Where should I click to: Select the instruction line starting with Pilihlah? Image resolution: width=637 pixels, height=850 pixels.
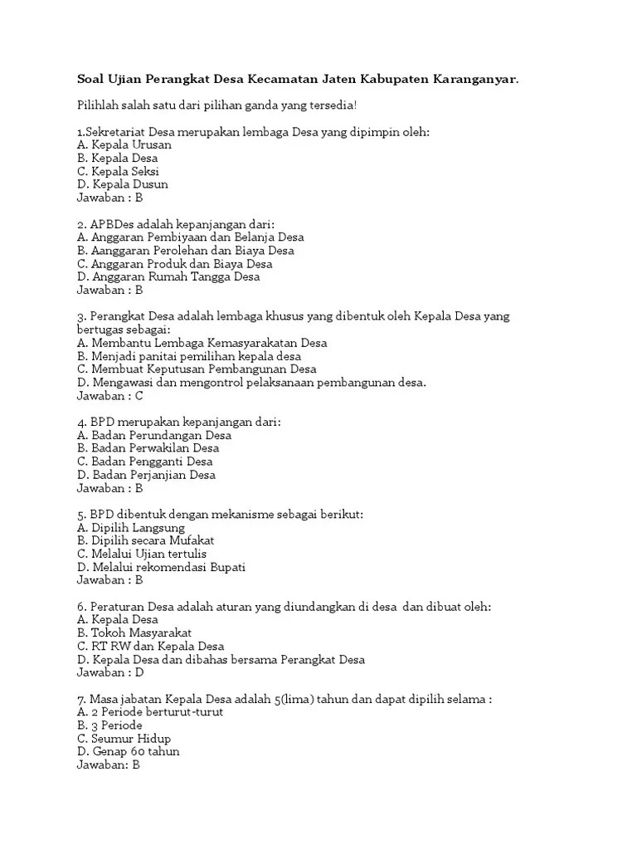pyautogui.click(x=216, y=105)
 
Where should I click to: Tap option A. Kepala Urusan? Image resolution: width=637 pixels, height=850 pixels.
pyautogui.click(x=124, y=145)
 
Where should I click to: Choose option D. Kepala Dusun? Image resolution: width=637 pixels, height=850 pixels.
pyautogui.click(x=122, y=184)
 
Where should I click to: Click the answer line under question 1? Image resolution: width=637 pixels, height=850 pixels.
pyautogui.click(x=109, y=198)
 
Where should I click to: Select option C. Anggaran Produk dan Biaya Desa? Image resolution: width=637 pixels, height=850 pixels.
pyautogui.click(x=174, y=264)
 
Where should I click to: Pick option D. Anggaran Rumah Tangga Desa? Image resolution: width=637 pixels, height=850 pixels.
pyautogui.click(x=168, y=277)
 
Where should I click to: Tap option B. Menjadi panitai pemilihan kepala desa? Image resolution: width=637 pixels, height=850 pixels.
pyautogui.click(x=189, y=356)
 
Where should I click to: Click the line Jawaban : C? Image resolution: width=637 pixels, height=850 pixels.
pyautogui.click(x=109, y=396)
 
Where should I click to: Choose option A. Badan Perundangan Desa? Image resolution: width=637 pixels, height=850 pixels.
pyautogui.click(x=154, y=435)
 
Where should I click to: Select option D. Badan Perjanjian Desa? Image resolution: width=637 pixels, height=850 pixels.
pyautogui.click(x=146, y=475)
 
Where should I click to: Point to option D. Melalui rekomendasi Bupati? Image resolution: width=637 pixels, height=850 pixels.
pyautogui.click(x=161, y=567)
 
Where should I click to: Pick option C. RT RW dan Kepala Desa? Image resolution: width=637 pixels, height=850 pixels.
pyautogui.click(x=150, y=646)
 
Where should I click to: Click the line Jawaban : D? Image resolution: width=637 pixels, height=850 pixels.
pyautogui.click(x=110, y=672)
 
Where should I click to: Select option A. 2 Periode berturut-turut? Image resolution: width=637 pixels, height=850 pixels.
pyautogui.click(x=149, y=712)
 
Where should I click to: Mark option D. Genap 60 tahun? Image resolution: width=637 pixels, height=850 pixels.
pyautogui.click(x=128, y=751)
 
